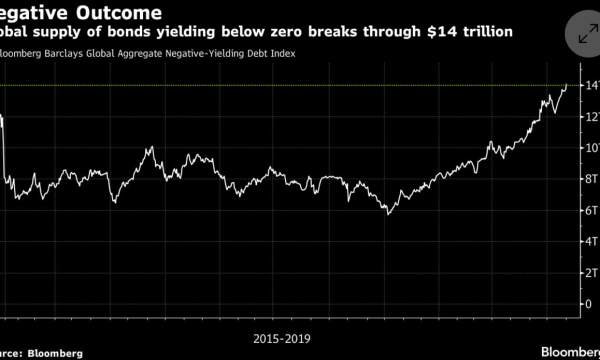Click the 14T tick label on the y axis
(592, 86)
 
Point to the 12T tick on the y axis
(592, 117)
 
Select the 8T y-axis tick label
(592, 179)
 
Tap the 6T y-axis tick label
(592, 210)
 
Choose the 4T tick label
(592, 241)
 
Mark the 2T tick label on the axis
(592, 272)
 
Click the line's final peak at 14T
(566, 86)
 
